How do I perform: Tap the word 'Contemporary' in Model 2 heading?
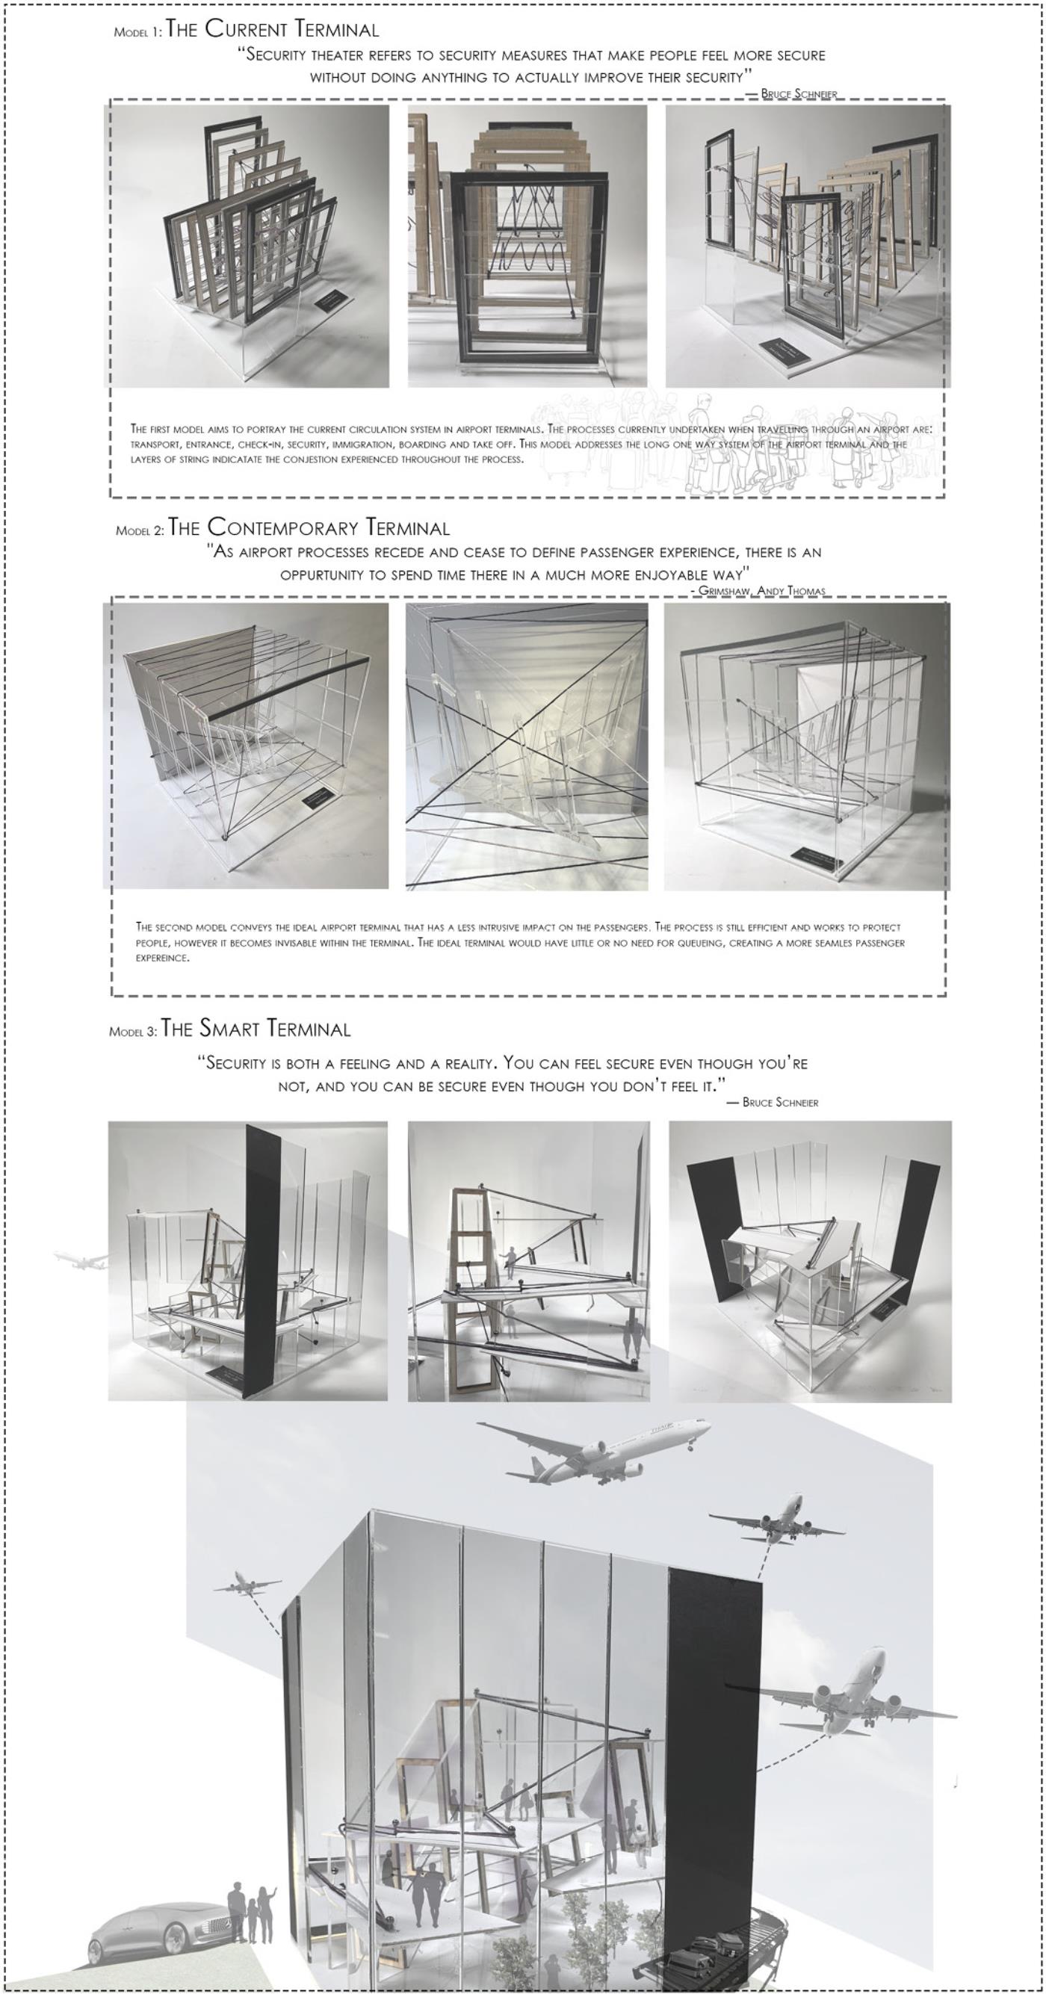(283, 528)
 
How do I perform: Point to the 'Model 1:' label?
(137, 33)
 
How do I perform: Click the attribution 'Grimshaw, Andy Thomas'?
(762, 591)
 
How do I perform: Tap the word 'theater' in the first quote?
(344, 56)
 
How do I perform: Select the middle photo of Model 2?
(527, 746)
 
